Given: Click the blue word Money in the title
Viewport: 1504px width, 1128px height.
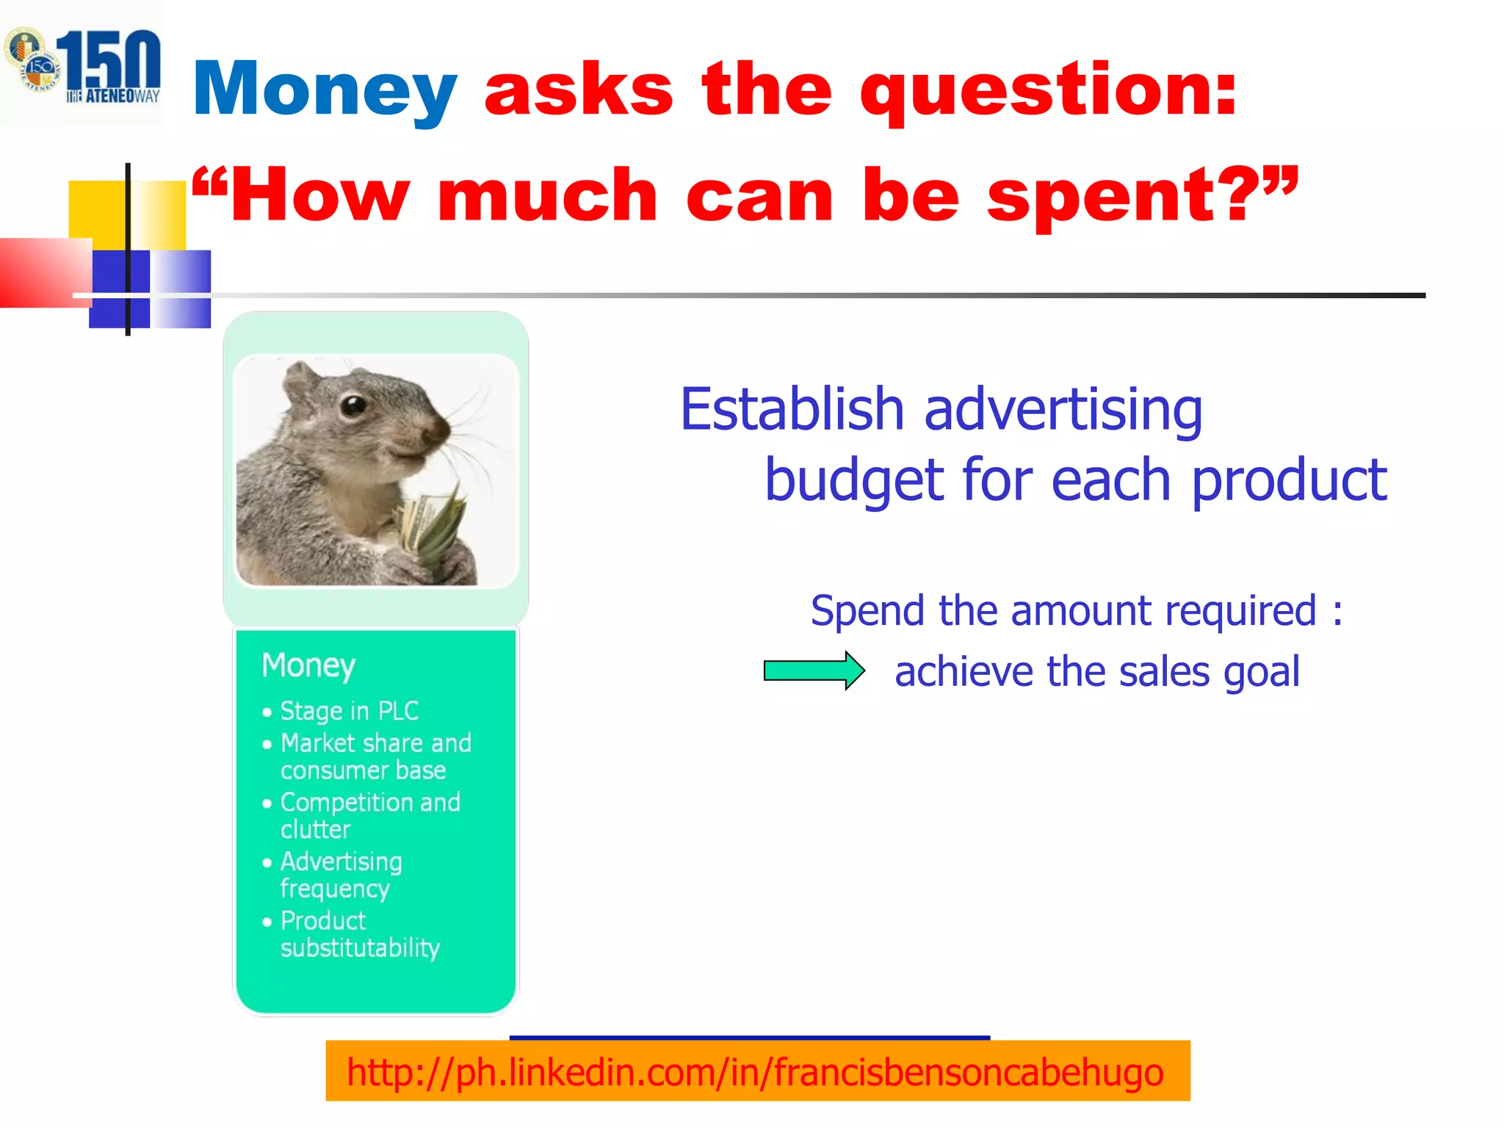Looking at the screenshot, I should [325, 90].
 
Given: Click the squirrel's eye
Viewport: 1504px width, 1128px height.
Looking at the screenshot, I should [354, 405].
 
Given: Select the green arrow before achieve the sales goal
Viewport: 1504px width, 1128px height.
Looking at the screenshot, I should [814, 670].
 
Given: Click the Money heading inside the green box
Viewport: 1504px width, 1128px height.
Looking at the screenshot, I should [308, 665].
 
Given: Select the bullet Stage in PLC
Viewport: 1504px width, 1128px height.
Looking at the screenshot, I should [349, 711].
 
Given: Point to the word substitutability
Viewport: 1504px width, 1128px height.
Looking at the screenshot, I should [360, 948].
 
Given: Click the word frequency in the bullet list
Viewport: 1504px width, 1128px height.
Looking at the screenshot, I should [335, 889].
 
